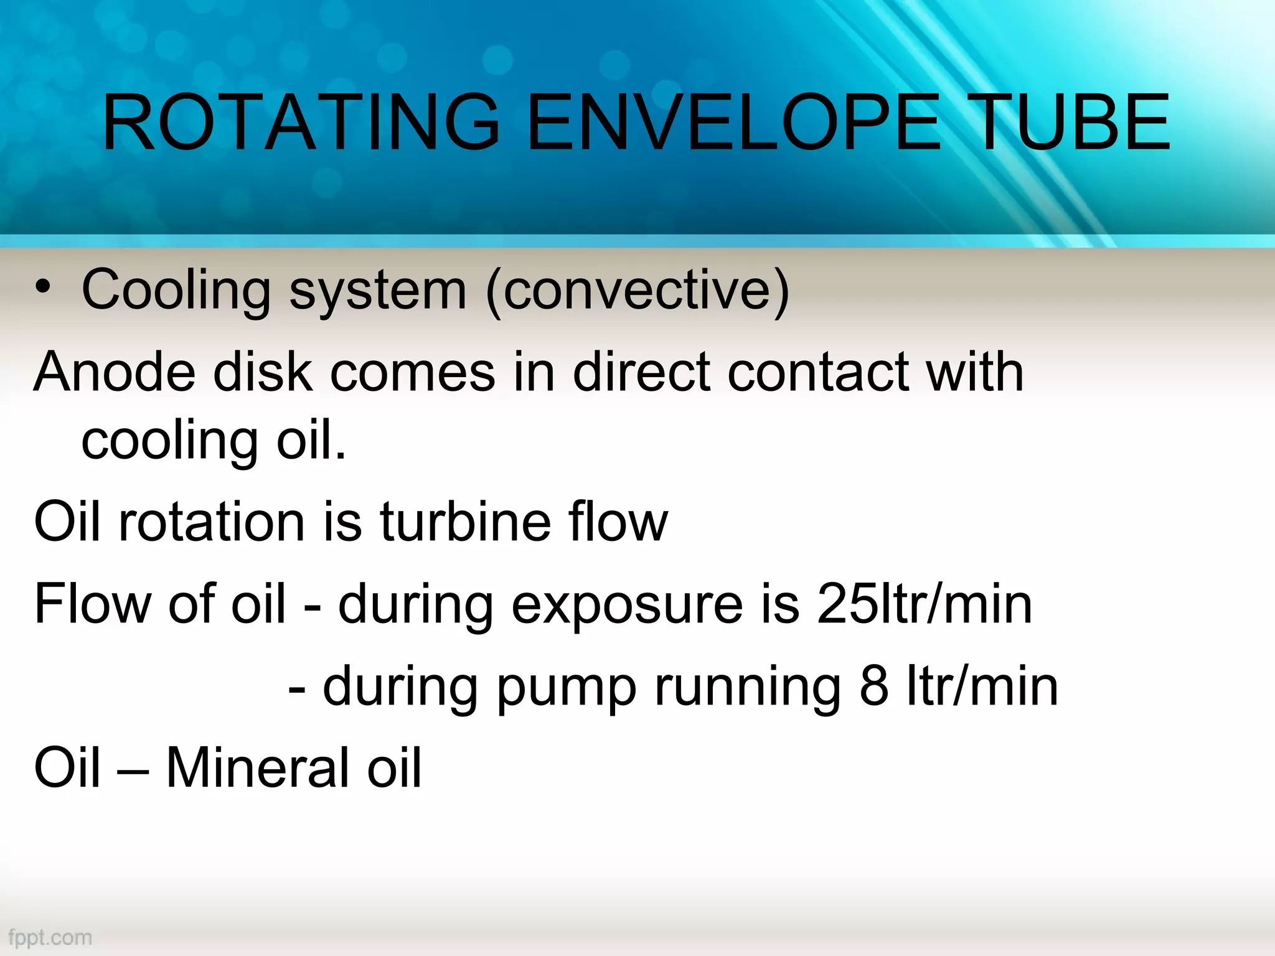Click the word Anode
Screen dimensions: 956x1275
tap(115, 372)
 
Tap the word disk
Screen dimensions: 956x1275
tap(263, 372)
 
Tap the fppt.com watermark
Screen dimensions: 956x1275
tap(50, 937)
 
